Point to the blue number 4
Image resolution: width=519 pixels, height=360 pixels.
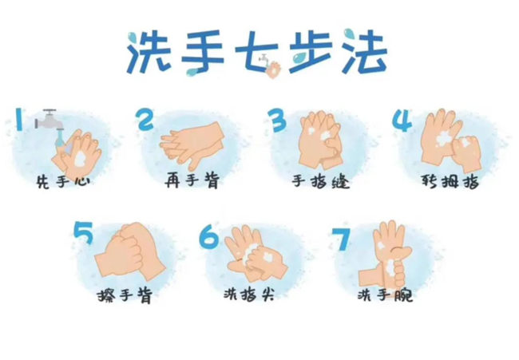point(403,119)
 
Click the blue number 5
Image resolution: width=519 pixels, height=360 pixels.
point(84,234)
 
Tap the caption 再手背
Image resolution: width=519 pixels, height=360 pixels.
point(192,181)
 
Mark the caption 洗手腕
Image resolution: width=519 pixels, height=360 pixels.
point(385,295)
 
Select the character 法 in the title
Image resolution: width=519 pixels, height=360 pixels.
point(360,53)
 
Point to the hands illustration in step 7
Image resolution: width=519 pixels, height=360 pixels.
point(388,254)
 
